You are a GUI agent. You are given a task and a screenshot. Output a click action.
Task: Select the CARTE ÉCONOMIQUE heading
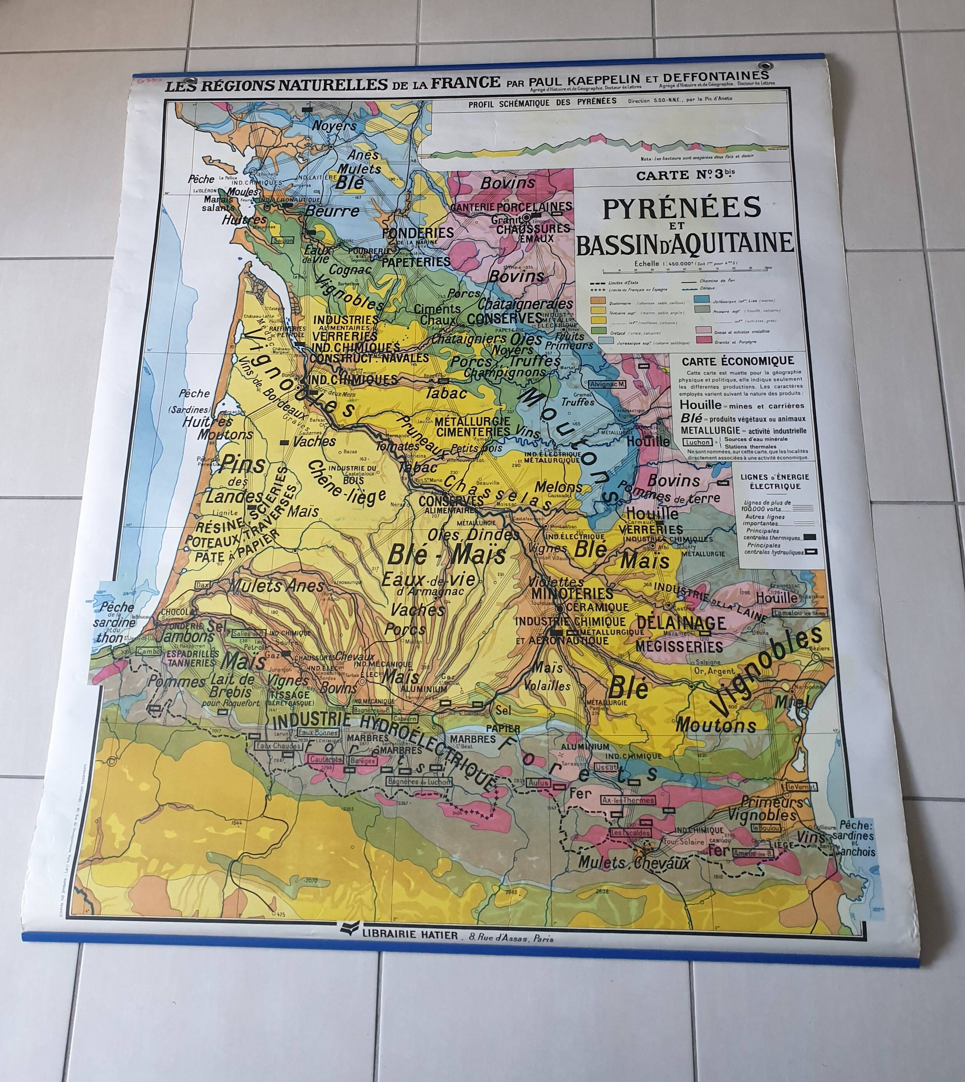click(737, 361)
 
